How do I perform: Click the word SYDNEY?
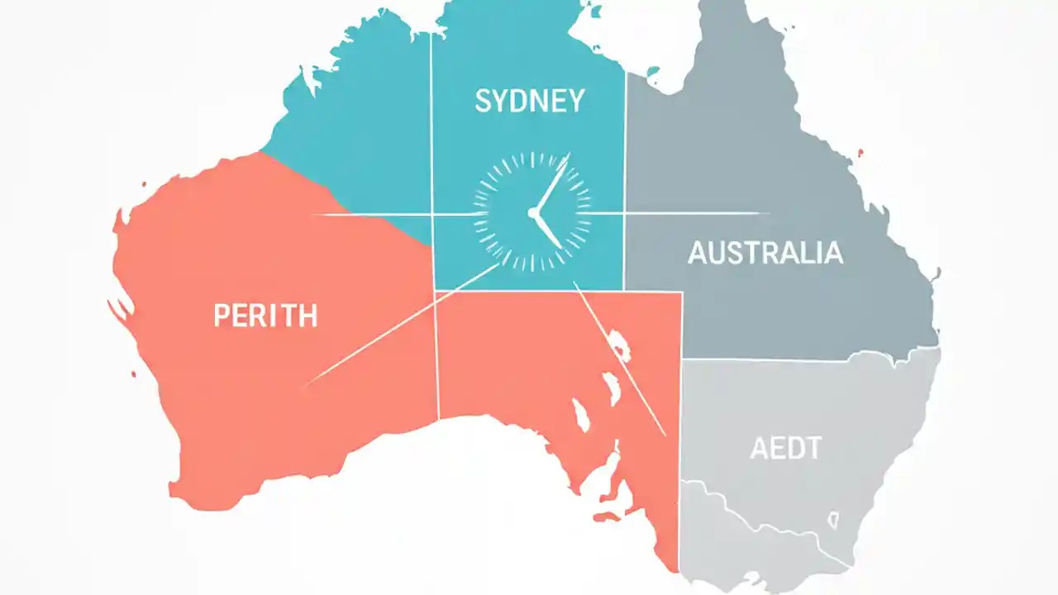530,101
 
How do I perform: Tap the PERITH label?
265,316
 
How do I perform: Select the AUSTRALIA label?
765,253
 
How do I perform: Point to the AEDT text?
785,449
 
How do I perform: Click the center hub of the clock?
533,213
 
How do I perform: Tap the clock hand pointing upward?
552,183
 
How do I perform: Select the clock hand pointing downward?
548,231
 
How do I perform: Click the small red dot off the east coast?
860,153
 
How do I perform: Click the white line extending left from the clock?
372,214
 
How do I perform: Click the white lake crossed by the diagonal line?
617,345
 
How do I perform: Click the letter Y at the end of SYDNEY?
575,101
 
